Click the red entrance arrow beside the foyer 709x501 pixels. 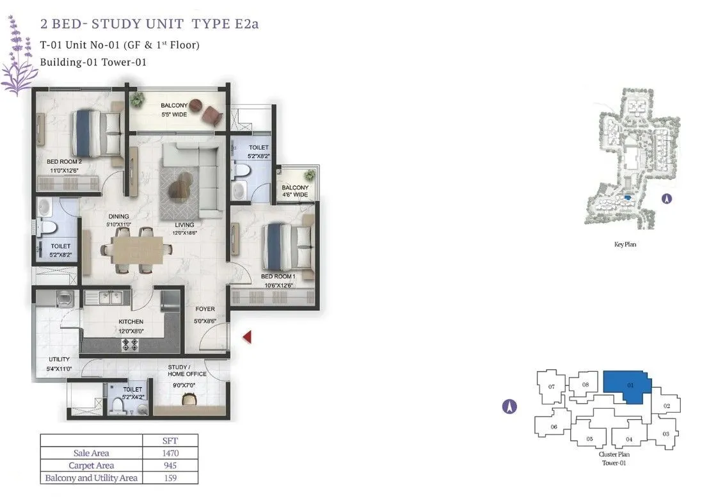pos(248,337)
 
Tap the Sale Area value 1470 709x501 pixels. pos(170,453)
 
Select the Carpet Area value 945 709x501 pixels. pos(170,465)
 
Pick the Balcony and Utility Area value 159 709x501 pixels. pos(170,478)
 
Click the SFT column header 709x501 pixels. pos(170,441)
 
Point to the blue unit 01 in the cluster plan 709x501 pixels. pos(628,386)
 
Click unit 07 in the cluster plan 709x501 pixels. pos(551,387)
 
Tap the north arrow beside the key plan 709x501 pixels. pos(667,198)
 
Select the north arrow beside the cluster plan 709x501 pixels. pos(509,407)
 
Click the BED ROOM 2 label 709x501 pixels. pos(64,161)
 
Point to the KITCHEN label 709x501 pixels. pos(131,321)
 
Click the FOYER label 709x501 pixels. pos(205,309)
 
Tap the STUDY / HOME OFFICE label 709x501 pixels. pos(187,370)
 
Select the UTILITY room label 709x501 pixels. pos(60,359)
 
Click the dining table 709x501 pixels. pos(138,250)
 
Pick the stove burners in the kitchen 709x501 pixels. pos(130,344)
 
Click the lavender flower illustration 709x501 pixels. pos(17,56)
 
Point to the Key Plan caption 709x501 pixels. pos(625,244)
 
